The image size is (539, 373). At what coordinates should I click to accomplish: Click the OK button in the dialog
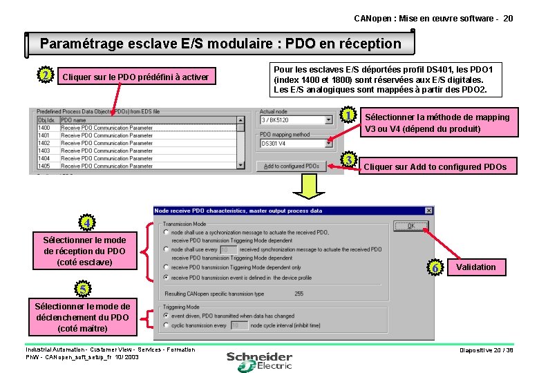click(x=410, y=226)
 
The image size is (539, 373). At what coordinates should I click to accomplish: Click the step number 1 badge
click(x=349, y=115)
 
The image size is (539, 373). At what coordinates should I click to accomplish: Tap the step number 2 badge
click(x=45, y=75)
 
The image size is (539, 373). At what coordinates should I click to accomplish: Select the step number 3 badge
click(x=349, y=160)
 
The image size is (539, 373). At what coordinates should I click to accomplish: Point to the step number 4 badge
click(x=86, y=223)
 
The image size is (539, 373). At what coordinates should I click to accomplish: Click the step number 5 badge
click(x=82, y=288)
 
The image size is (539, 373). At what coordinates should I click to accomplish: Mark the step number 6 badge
click(x=435, y=267)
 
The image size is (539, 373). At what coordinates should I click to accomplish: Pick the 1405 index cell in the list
click(x=44, y=166)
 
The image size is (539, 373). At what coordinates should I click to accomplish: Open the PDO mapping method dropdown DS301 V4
click(x=296, y=144)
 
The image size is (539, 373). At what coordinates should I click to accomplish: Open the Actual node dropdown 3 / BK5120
click(x=296, y=119)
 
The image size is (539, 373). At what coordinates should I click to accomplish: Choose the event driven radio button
click(x=166, y=316)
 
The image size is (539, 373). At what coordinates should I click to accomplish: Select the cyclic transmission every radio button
click(x=166, y=325)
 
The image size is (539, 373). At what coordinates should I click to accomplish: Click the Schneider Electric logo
click(x=260, y=361)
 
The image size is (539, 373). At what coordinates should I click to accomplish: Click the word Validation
click(x=475, y=267)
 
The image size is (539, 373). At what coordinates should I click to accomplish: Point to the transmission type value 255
click(x=299, y=294)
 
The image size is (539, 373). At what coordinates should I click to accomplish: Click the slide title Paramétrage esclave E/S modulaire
click(x=220, y=44)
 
